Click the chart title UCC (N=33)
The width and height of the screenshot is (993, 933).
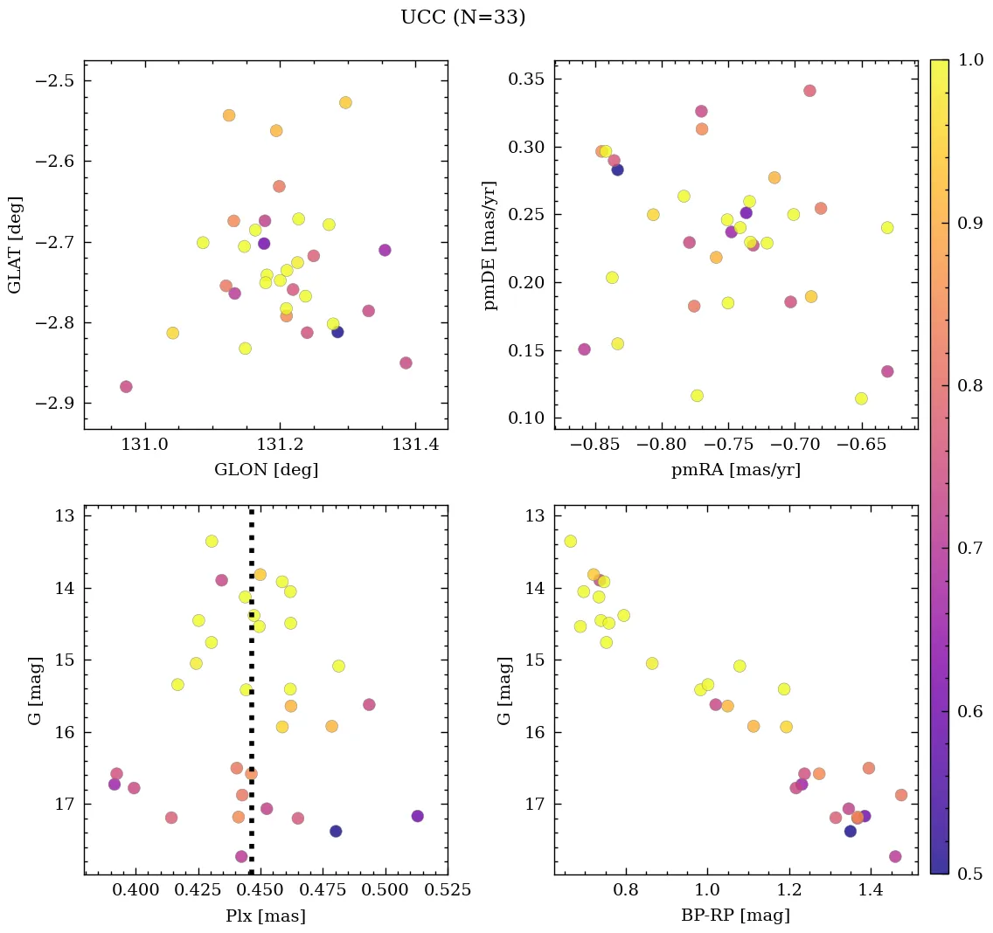(x=462, y=17)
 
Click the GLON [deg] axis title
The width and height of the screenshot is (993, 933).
(x=266, y=470)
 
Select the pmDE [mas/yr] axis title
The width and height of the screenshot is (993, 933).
(x=490, y=245)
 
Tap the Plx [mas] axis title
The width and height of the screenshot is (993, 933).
(x=266, y=916)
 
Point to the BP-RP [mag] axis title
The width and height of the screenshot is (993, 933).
(x=735, y=916)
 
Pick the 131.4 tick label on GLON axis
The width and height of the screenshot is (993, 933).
(x=414, y=446)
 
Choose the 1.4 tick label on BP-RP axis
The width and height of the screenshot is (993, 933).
(x=871, y=890)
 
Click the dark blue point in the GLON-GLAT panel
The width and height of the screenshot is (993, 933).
(x=337, y=332)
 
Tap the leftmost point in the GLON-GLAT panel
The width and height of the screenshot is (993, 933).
(x=126, y=387)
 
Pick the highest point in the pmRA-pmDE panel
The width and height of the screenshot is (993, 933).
(x=809, y=91)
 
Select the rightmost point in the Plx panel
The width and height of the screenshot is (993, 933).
(x=417, y=816)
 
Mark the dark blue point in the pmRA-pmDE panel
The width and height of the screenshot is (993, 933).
(x=617, y=169)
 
